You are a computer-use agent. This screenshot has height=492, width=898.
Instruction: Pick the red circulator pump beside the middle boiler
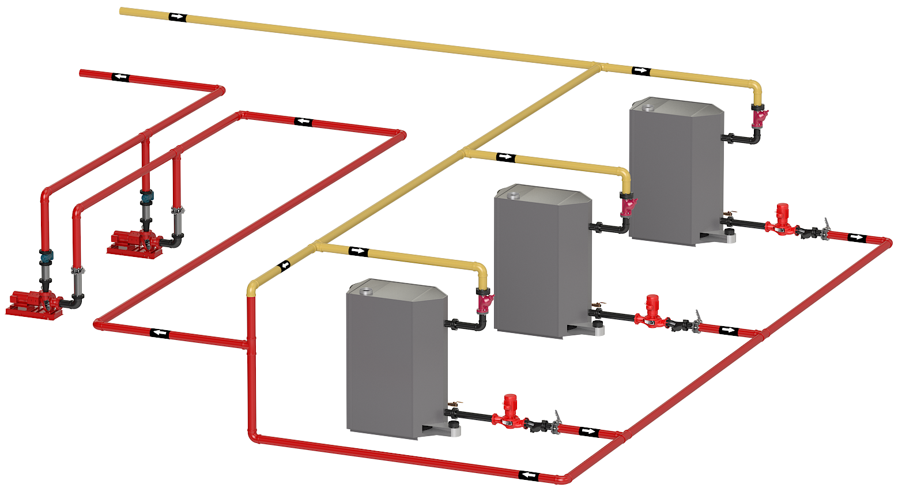point(652,313)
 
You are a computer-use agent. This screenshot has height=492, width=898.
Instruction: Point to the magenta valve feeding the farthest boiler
point(759,117)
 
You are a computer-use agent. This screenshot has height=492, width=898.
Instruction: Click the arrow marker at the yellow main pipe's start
point(177,17)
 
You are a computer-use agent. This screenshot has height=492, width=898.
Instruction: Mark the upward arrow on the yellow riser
point(284,266)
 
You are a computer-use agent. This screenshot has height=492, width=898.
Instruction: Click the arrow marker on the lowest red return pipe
point(529,475)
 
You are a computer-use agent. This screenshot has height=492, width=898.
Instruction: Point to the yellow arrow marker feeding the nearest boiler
point(358,251)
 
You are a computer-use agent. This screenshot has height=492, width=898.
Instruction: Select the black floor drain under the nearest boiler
point(454,426)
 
